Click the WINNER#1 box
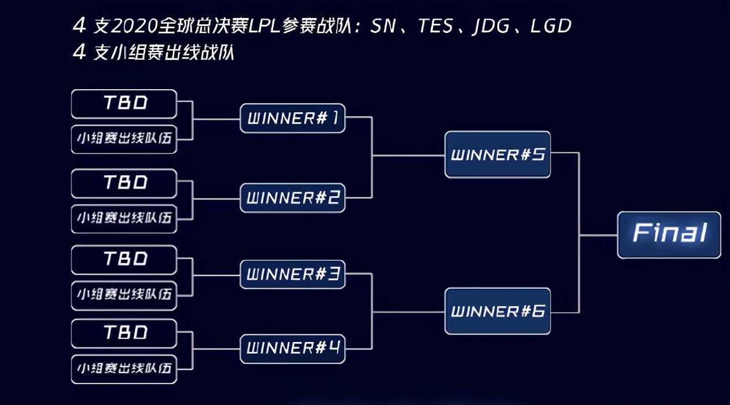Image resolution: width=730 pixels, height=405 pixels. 293,118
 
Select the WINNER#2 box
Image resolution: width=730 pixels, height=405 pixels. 293,198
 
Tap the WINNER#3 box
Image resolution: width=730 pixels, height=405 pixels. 293,274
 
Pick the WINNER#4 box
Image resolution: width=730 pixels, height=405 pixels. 293,348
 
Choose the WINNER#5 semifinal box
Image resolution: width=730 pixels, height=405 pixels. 497,154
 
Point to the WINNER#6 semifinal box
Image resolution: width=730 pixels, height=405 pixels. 497,311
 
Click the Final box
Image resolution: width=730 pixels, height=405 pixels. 669,235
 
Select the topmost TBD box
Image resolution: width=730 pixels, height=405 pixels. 124,104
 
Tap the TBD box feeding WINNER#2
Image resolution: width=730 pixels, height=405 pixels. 124,183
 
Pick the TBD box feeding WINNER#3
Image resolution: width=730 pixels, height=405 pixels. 124,260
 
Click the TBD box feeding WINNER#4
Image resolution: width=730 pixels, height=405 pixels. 124,334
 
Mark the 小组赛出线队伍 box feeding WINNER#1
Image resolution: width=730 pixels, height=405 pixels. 124,139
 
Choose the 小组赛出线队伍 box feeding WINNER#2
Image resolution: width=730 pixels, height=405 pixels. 124,219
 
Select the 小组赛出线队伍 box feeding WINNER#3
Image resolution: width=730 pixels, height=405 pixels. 124,296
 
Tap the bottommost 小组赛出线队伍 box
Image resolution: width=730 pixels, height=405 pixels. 124,369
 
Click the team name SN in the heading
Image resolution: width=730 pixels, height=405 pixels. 384,26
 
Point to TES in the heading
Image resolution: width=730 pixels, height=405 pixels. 436,26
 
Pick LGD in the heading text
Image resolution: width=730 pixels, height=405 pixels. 551,26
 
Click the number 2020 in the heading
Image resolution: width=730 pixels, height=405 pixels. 134,26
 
